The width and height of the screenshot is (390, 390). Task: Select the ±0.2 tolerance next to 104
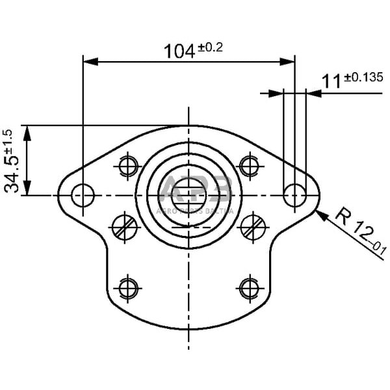[x=209, y=47]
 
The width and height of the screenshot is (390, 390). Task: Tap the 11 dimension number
[x=331, y=81]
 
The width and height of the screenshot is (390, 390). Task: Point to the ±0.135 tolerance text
[x=363, y=77]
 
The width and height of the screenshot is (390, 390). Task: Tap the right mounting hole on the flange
[x=295, y=194]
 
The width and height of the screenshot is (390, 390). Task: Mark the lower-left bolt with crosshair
[x=129, y=286]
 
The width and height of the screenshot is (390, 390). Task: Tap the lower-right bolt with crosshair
[x=249, y=286]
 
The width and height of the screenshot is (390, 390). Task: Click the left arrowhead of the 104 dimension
[x=88, y=62]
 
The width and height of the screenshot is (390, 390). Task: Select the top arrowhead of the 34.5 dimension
[x=27, y=130]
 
